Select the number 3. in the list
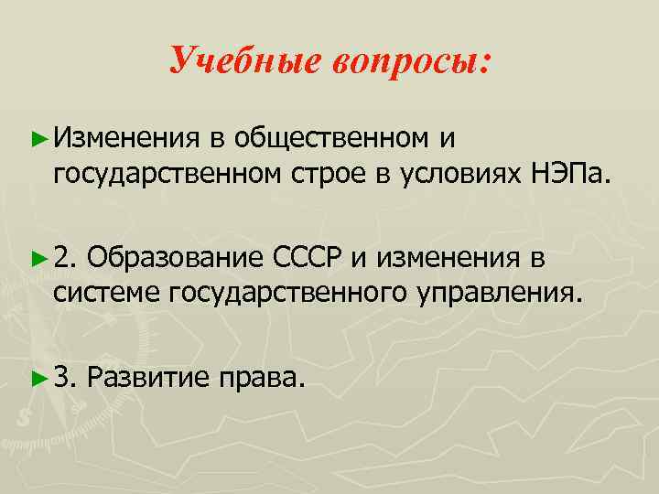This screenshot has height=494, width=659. coord(67,377)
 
